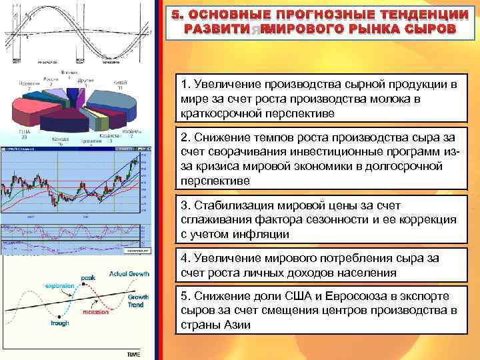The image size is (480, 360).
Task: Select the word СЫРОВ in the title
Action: point(430,29)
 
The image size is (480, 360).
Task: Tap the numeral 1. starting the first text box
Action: point(185,85)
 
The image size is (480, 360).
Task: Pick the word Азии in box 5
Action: point(233,325)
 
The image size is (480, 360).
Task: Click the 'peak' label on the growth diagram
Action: point(88,277)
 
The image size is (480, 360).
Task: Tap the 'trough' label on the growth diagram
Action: point(59,323)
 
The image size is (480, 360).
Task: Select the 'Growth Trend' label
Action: point(138,301)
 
